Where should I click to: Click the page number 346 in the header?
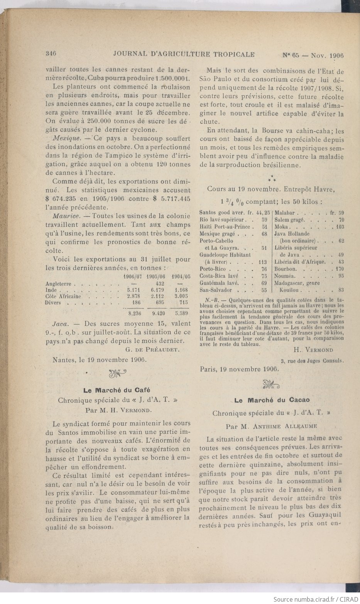click(51, 54)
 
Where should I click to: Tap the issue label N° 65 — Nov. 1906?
click(313, 55)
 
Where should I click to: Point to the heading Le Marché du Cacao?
click(272, 400)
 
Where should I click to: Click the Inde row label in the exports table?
click(51, 290)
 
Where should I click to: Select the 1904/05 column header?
click(180, 277)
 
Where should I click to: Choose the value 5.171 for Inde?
click(133, 290)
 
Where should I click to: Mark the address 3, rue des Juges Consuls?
click(313, 361)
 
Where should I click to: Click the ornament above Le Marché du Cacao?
click(272, 384)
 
